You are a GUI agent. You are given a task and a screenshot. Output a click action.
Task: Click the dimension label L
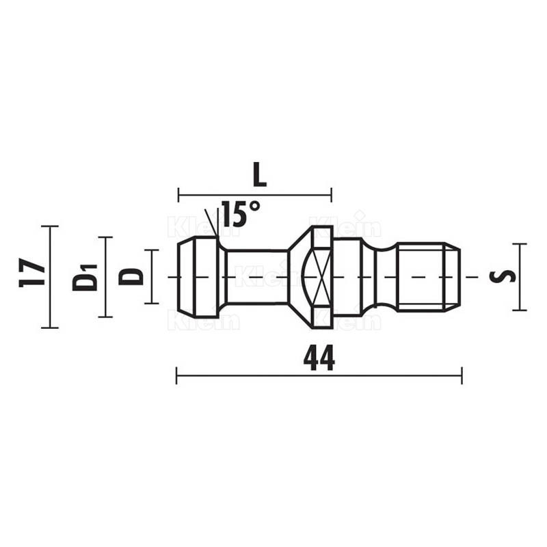pyautogui.click(x=260, y=174)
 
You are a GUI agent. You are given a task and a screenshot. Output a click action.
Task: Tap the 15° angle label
pyautogui.click(x=241, y=213)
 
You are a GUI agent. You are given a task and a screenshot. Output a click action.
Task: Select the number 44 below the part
pyautogui.click(x=319, y=358)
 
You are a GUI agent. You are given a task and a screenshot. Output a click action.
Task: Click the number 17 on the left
pyautogui.click(x=31, y=272)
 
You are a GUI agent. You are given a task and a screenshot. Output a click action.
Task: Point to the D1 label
pyautogui.click(x=85, y=278)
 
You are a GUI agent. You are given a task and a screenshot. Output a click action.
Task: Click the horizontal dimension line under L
pyautogui.click(x=255, y=195)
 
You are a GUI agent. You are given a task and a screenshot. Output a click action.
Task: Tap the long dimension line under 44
pyautogui.click(x=319, y=375)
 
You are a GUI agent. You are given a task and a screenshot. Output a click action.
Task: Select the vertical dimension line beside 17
pyautogui.click(x=50, y=277)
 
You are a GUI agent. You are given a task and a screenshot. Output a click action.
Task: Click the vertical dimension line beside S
pyautogui.click(x=520, y=277)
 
